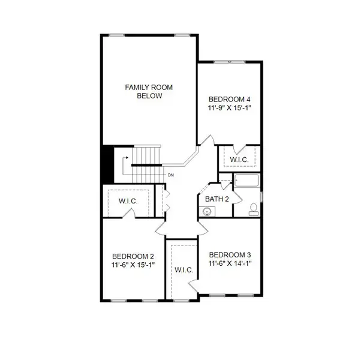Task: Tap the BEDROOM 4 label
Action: click(228, 100)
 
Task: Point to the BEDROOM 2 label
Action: click(130, 256)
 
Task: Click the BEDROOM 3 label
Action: click(230, 254)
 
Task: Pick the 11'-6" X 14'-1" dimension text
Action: click(230, 263)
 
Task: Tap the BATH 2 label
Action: click(217, 199)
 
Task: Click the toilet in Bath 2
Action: click(254, 208)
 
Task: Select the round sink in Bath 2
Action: click(207, 211)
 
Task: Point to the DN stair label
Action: click(171, 175)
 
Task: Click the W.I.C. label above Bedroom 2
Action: click(128, 202)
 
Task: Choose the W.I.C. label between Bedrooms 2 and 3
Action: click(184, 270)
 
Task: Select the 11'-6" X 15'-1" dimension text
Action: click(130, 265)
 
